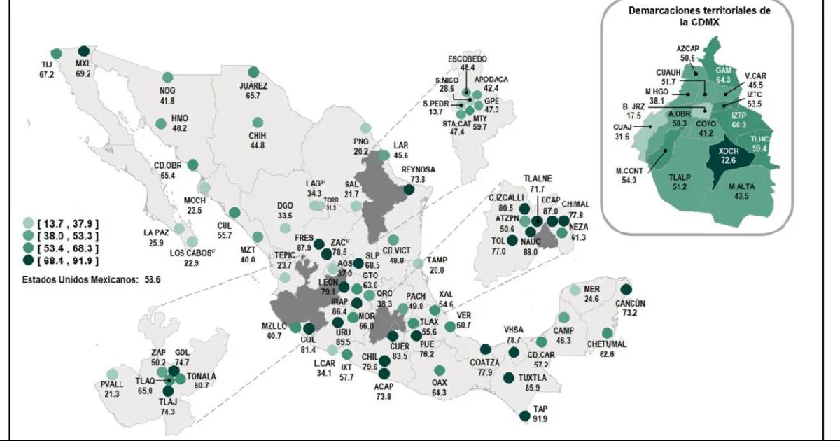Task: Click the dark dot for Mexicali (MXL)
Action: click(84, 51)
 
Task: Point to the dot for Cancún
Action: click(626, 290)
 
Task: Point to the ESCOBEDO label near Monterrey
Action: click(468, 59)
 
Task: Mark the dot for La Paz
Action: click(180, 228)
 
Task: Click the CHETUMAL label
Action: click(606, 344)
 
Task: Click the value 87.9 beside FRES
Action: click(303, 247)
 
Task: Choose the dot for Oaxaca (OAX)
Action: click(440, 370)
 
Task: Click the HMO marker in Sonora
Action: click(161, 124)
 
